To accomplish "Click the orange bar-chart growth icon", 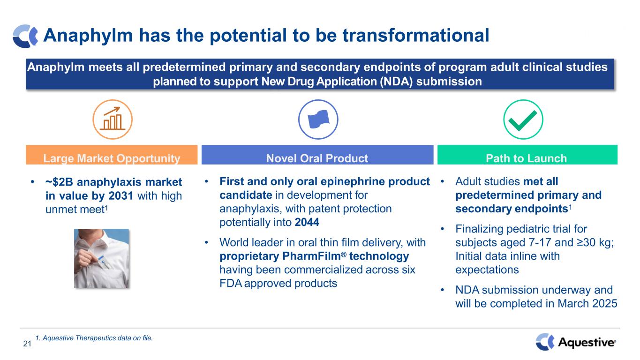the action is tap(112, 119).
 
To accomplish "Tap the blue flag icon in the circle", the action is tap(318, 119).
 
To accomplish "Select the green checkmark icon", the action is tap(523, 119).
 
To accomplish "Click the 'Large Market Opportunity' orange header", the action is tap(112, 155).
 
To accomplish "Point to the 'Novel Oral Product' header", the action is tap(317, 155).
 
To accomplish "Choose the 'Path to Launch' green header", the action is tap(527, 155).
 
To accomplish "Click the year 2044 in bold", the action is tap(307, 222).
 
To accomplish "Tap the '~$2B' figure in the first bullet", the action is tap(59, 182).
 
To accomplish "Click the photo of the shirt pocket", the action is tap(101, 258).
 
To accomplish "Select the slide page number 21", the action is tap(27, 344).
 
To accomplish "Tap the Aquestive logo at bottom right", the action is tap(576, 342).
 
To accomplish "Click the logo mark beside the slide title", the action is tap(25, 36).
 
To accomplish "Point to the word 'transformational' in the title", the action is tap(416, 36).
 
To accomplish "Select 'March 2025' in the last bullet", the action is tap(587, 303).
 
